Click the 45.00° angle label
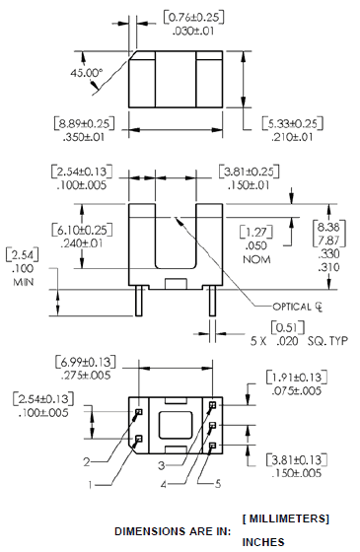pyautogui.click(x=87, y=73)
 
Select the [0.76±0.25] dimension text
pyautogui.click(x=193, y=18)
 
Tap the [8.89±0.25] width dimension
pyautogui.click(x=84, y=123)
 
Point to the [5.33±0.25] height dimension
pyautogui.click(x=292, y=123)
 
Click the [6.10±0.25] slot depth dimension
pyautogui.click(x=82, y=231)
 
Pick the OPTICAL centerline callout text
pyautogui.click(x=298, y=307)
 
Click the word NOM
pyautogui.click(x=256, y=260)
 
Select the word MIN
pyautogui.click(x=24, y=282)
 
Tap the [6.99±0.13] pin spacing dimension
pyautogui.click(x=86, y=362)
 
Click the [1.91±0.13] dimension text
pyautogui.click(x=297, y=378)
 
